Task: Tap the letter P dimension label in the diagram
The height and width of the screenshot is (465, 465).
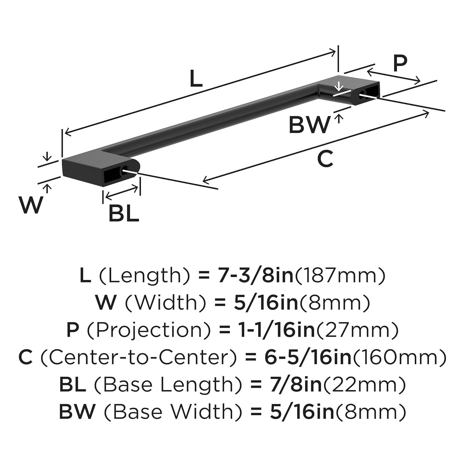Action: click(x=400, y=63)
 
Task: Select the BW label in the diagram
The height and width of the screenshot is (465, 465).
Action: click(x=309, y=125)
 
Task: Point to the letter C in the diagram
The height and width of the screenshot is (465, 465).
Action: click(x=325, y=159)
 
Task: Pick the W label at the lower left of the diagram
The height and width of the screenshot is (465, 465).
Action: click(x=30, y=205)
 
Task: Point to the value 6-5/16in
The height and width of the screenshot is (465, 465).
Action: click(x=308, y=357)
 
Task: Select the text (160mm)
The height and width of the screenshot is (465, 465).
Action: click(x=400, y=357)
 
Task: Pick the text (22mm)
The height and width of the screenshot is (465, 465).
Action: click(x=365, y=385)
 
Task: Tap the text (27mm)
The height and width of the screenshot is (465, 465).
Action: click(x=357, y=330)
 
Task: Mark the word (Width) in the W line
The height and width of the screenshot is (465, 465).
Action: click(x=166, y=303)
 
